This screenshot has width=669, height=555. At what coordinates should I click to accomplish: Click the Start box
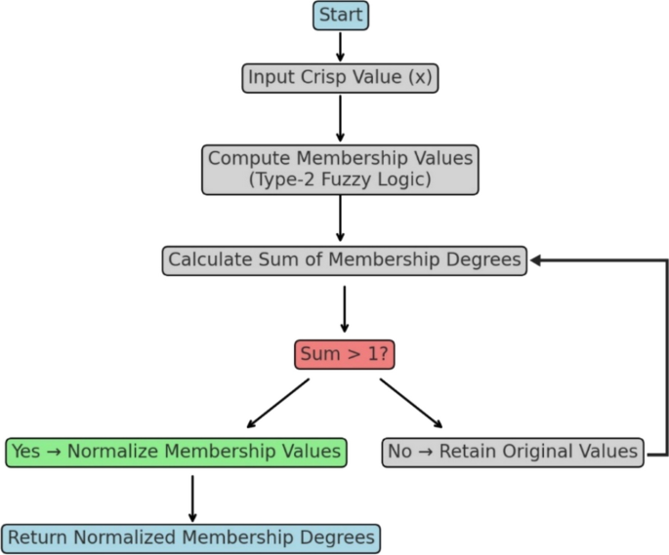click(x=341, y=16)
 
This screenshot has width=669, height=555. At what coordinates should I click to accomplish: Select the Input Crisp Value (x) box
click(x=340, y=78)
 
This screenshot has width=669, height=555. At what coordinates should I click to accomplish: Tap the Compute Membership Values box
click(x=340, y=170)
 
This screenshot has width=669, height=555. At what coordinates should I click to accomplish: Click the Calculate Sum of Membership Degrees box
click(x=344, y=260)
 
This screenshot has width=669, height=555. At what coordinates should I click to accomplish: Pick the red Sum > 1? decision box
click(x=344, y=354)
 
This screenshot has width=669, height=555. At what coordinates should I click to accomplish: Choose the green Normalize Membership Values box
click(x=176, y=452)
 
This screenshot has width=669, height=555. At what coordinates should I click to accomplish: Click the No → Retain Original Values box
click(x=513, y=453)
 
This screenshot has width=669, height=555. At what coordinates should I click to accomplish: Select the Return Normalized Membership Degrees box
click(x=190, y=537)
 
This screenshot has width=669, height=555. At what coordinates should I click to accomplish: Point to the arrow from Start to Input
click(x=341, y=46)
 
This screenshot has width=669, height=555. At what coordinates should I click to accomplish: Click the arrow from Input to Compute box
click(x=341, y=118)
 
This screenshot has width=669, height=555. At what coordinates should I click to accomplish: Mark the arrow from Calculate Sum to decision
click(x=344, y=309)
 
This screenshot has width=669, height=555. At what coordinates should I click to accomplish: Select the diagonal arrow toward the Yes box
click(x=277, y=404)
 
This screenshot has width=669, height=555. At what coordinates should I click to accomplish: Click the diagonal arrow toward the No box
click(x=411, y=403)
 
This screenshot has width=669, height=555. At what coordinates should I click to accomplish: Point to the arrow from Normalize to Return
click(x=192, y=497)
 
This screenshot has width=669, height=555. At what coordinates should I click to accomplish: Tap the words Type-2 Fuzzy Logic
click(x=340, y=180)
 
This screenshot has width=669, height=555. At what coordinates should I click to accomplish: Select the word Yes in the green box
click(x=27, y=452)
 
